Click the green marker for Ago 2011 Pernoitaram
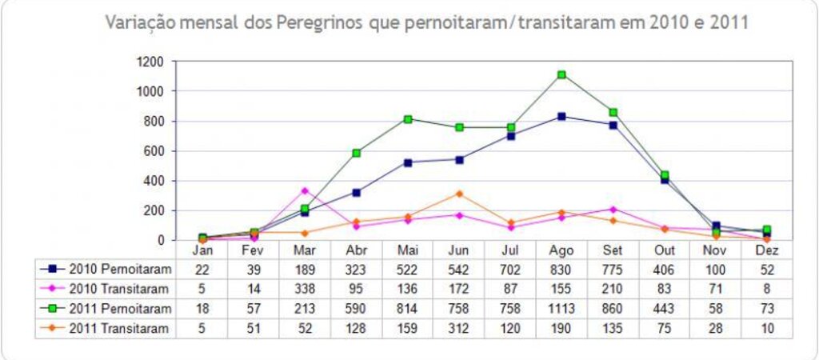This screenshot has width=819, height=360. [x=562, y=74]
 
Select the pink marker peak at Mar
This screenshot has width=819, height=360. [x=305, y=190]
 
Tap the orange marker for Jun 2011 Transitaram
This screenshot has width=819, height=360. [x=459, y=194]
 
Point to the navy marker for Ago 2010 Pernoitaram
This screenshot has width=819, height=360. [x=562, y=117]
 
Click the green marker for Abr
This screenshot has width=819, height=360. [x=356, y=153]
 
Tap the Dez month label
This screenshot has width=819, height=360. [x=767, y=250]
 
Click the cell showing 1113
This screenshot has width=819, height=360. [x=561, y=309]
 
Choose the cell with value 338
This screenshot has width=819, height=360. [x=305, y=289]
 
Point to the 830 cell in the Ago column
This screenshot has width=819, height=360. [x=561, y=270]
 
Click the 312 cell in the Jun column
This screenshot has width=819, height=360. [x=459, y=328]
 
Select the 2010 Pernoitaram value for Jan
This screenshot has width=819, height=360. [x=202, y=270]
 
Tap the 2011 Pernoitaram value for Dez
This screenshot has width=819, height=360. [x=767, y=309]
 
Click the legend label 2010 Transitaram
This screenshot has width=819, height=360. [x=119, y=289]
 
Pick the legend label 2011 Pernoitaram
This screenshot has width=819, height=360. [x=119, y=309]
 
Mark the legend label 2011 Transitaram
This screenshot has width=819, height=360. [x=119, y=328]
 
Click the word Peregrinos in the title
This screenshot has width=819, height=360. [x=319, y=22]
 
